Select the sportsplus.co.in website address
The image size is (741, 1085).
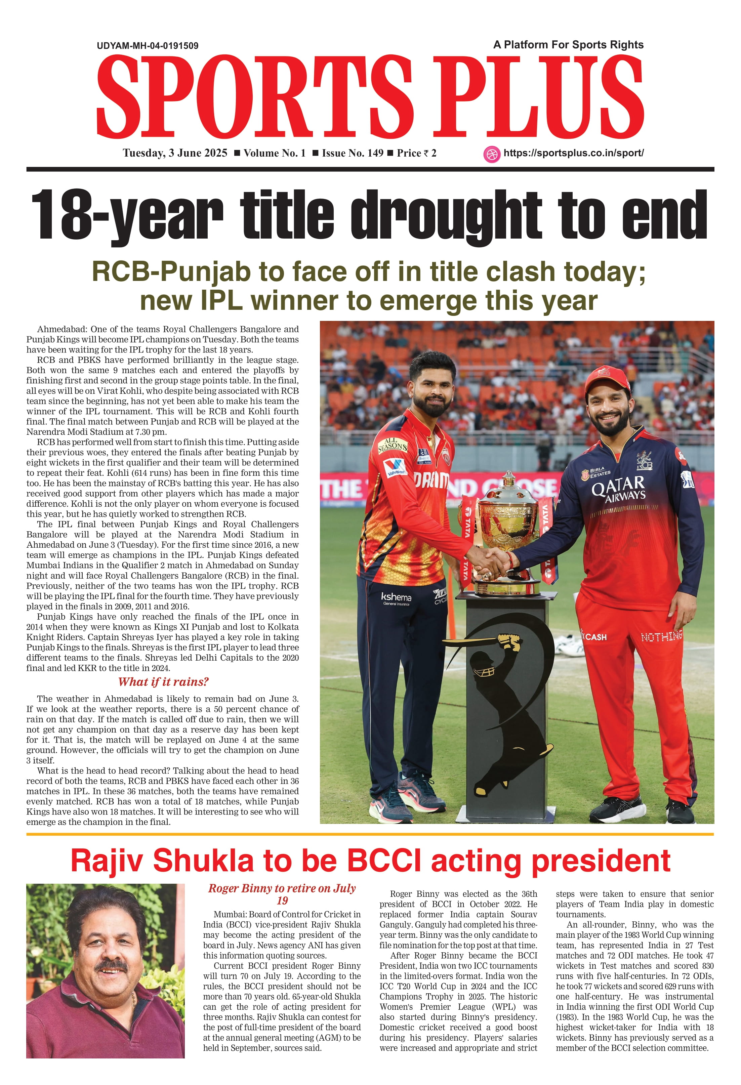click(573, 153)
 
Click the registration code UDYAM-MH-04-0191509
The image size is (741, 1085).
click(148, 46)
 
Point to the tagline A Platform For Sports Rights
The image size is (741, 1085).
click(568, 45)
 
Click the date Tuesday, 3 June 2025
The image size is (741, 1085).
click(175, 153)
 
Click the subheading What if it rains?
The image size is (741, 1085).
click(163, 682)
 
